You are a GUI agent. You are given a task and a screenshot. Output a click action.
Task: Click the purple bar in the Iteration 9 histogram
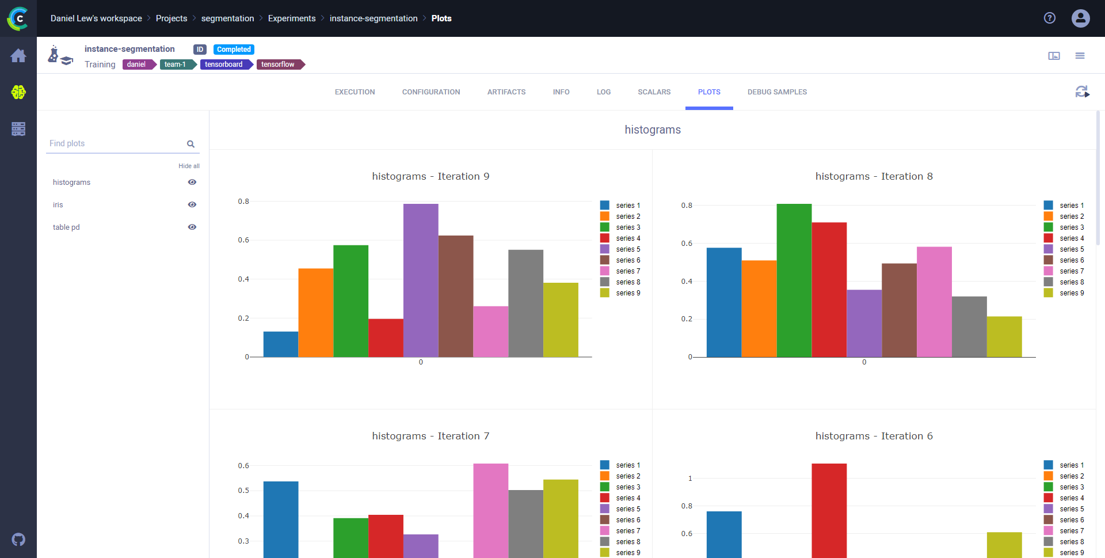(421, 280)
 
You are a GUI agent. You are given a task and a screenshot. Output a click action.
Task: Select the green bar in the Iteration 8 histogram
(794, 280)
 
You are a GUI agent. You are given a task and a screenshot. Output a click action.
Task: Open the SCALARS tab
(654, 92)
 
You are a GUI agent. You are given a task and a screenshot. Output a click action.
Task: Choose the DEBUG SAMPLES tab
(777, 92)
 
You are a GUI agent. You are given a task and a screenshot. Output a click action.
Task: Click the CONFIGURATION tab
(431, 92)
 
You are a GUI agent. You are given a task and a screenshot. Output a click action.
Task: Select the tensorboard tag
(224, 64)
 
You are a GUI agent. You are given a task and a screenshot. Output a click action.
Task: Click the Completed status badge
(234, 50)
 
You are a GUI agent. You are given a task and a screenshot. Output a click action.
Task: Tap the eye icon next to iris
(192, 204)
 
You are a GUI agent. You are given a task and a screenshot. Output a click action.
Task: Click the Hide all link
(189, 166)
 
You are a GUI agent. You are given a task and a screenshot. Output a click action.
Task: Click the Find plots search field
(115, 143)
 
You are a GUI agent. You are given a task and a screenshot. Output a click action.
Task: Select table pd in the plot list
(66, 227)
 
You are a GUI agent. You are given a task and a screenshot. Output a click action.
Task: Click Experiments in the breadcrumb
(292, 18)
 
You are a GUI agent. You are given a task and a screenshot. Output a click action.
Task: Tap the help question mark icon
(1050, 18)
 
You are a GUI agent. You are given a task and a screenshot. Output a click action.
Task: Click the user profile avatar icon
(1080, 18)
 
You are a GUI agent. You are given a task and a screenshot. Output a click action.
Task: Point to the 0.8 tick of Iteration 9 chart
(243, 202)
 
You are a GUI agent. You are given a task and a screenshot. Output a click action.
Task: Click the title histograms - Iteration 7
(430, 436)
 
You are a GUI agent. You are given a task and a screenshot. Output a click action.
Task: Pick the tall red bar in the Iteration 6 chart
(829, 510)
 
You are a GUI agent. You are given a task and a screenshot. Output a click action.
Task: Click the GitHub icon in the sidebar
(18, 540)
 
